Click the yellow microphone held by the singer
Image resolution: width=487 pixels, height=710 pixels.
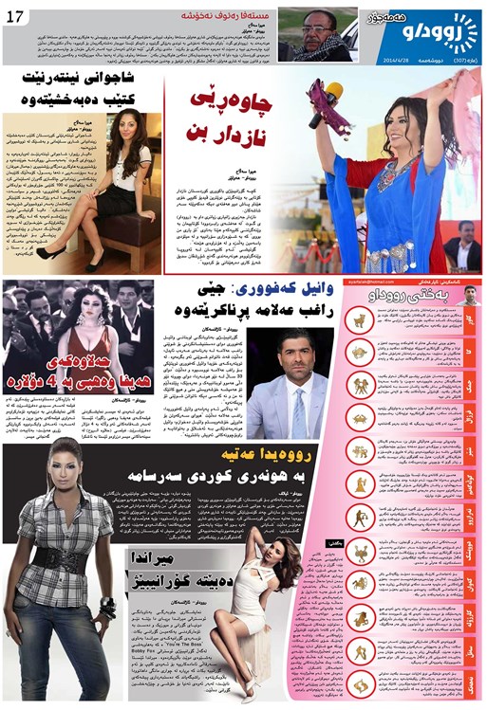pos(333,95)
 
